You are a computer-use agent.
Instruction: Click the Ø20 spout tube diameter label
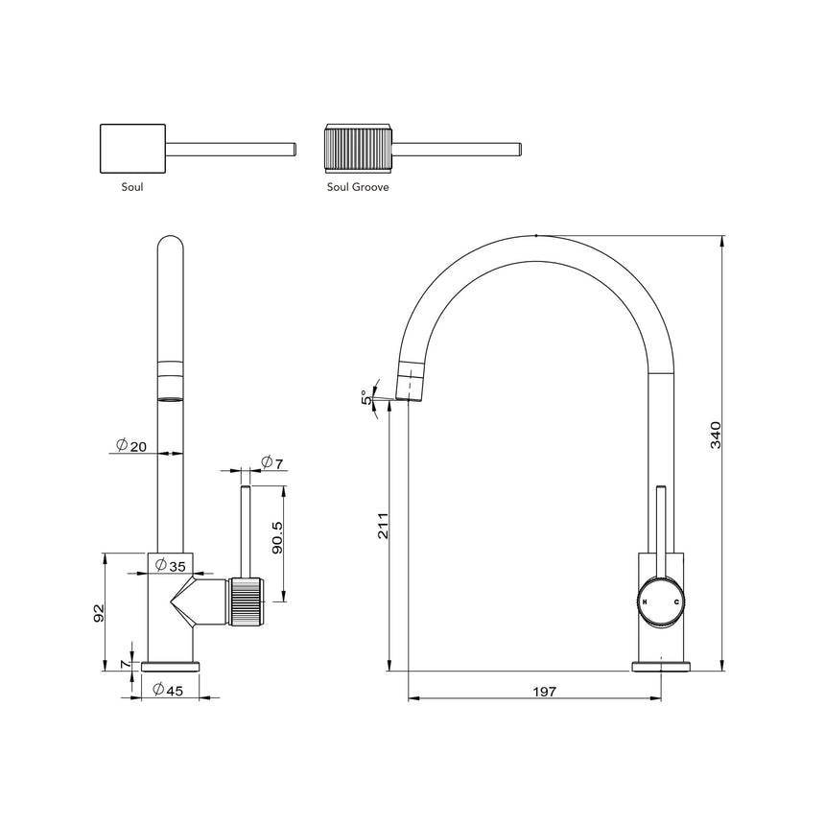coord(131,445)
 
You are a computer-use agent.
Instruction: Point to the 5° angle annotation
coord(365,395)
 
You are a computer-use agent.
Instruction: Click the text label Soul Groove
coord(357,188)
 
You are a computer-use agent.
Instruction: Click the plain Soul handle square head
coord(133,149)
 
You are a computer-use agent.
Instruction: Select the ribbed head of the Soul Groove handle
coord(357,149)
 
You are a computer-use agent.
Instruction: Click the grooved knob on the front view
coord(245,602)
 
